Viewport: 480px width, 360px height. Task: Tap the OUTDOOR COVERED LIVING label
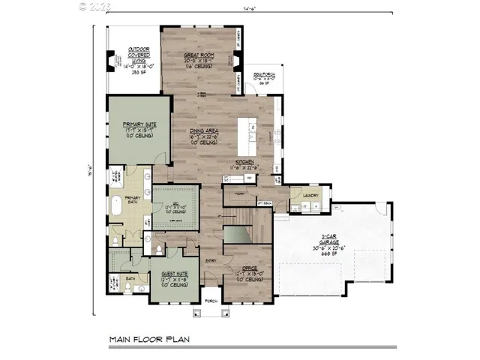pyautogui.click(x=138, y=52)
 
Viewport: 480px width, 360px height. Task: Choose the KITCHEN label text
pyautogui.click(x=246, y=162)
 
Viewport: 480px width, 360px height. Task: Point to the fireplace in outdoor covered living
pyautogui.click(x=112, y=61)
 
